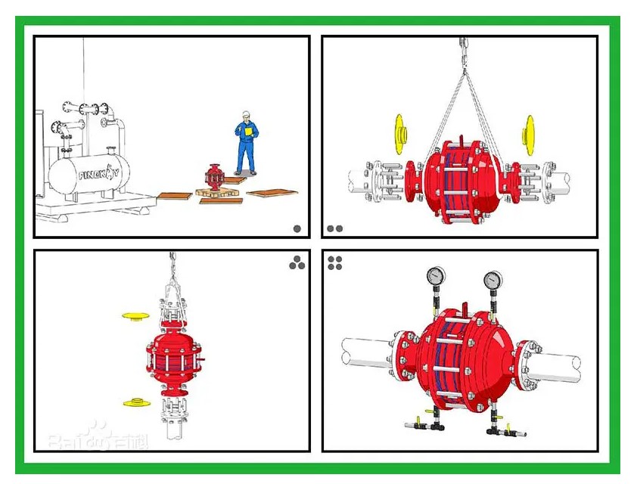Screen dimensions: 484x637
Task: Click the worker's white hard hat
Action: coord(245,115)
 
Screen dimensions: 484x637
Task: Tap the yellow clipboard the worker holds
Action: coord(247,131)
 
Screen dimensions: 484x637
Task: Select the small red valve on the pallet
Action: coord(214,178)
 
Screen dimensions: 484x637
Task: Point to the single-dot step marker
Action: coord(297,228)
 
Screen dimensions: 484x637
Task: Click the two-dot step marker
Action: coord(334,228)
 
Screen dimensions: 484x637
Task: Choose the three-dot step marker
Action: coord(297,262)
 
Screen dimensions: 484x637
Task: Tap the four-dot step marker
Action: coord(335,262)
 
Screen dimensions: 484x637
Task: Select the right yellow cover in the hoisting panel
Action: coord(528,135)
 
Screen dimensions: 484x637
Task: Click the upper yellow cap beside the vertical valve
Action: coord(136,315)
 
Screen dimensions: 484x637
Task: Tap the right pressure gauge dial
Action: coord(493,281)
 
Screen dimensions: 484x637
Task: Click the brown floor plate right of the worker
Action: coord(272,193)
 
